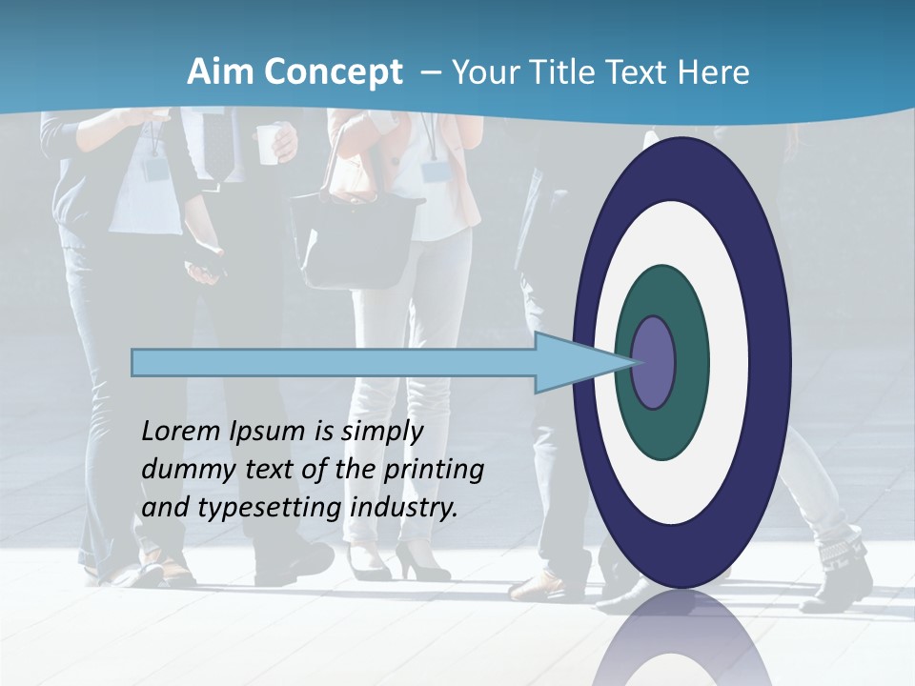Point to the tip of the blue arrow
(633, 362)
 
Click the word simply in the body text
(381, 431)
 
